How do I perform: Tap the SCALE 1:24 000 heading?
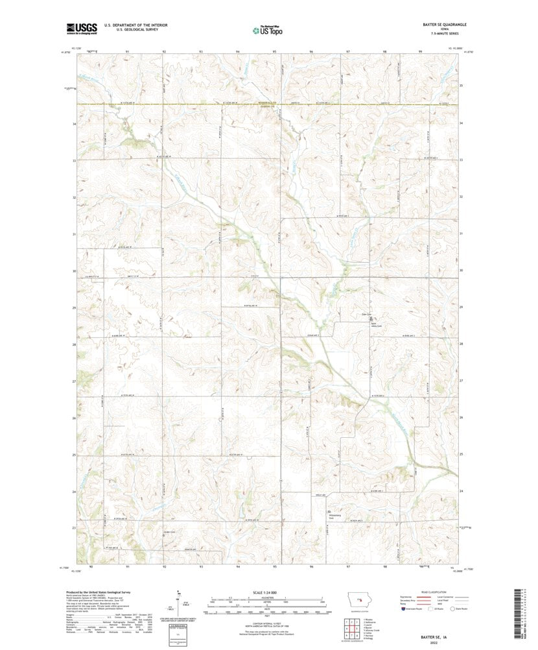[267, 592]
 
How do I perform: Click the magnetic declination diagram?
[179, 601]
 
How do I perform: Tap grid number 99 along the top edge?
[421, 51]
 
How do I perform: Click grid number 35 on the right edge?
[462, 85]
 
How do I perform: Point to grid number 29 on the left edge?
[74, 307]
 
